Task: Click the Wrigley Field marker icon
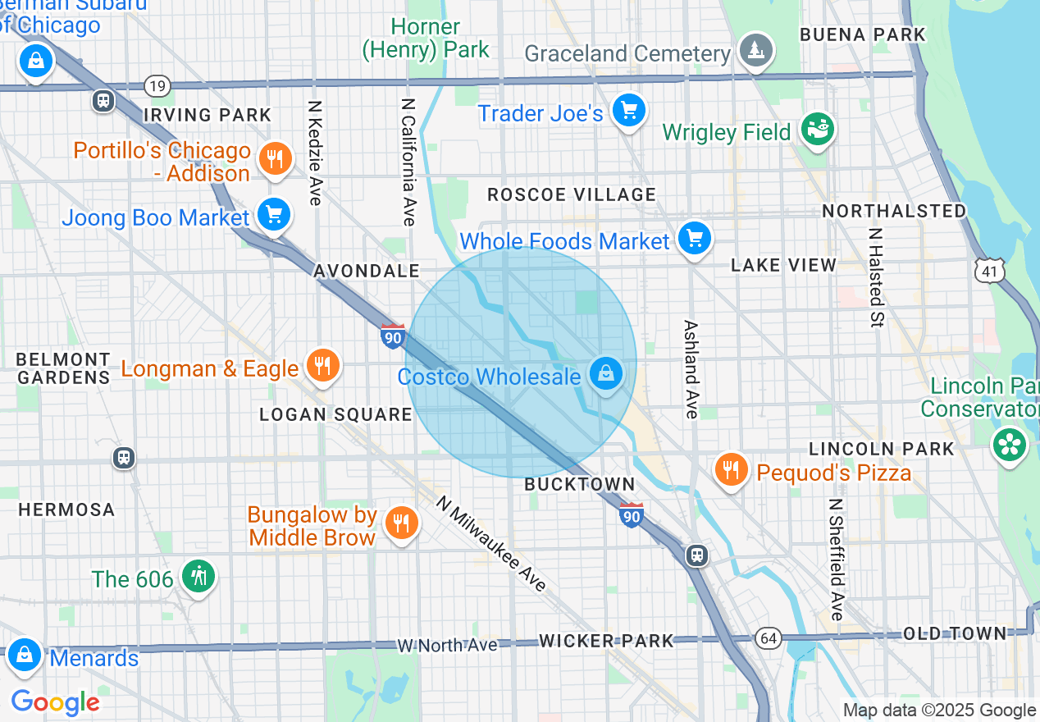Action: [x=817, y=130]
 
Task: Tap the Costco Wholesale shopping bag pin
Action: [x=605, y=374]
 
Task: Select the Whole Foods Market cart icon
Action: [x=695, y=239]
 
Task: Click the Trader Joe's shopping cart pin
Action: [x=629, y=111]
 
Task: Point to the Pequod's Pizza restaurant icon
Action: [x=730, y=470]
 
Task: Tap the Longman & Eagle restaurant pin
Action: [x=322, y=366]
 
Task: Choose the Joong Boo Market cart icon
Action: [x=273, y=215]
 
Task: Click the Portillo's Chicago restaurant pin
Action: [x=276, y=159]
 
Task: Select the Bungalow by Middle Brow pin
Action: [x=400, y=523]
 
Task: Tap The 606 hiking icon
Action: [x=198, y=577]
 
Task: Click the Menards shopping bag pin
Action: [x=25, y=656]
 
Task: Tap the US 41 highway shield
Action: [x=989, y=269]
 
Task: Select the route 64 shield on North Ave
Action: [x=769, y=638]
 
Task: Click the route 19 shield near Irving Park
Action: [x=156, y=85]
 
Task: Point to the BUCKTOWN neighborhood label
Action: [x=580, y=484]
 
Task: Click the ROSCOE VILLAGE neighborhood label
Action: [x=572, y=194]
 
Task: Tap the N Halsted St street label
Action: [x=876, y=276]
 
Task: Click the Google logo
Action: [x=55, y=702]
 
